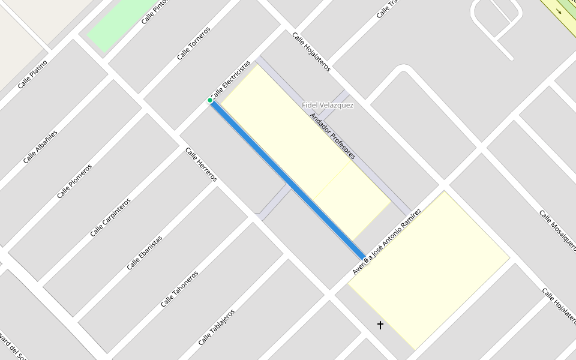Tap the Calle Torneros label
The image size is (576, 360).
click(x=193, y=43)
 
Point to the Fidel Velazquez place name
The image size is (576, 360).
click(x=328, y=106)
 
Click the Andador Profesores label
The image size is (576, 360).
click(x=332, y=136)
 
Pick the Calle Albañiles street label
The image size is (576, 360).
click(x=40, y=146)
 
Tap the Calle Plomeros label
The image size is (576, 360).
click(x=74, y=181)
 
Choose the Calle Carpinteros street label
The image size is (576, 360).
click(x=110, y=217)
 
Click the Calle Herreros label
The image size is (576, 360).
click(x=201, y=164)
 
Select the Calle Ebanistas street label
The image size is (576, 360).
click(x=144, y=253)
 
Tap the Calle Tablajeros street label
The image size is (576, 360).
click(x=216, y=327)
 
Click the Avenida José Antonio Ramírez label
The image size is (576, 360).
click(x=387, y=242)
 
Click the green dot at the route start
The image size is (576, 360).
click(x=210, y=100)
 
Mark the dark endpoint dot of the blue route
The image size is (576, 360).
click(x=365, y=259)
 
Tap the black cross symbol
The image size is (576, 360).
click(x=380, y=325)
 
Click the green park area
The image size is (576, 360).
click(x=123, y=24)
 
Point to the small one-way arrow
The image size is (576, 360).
click(x=560, y=11)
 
